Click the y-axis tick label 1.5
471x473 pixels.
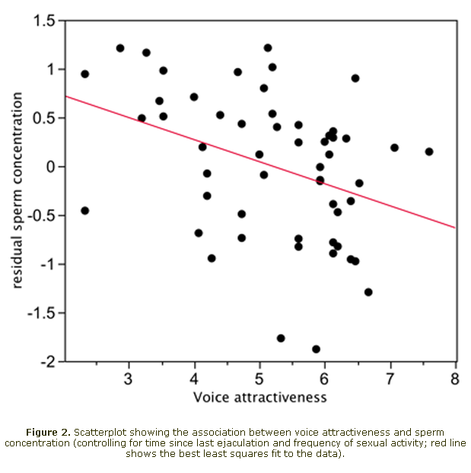click(45, 21)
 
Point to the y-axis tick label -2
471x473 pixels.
click(49, 362)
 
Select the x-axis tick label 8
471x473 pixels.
click(455, 379)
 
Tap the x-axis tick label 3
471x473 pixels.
click(129, 379)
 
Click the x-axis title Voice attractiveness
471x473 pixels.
click(259, 397)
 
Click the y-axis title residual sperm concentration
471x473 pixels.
click(18, 190)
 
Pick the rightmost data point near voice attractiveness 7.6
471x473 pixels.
click(429, 152)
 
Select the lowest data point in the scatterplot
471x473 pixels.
click(316, 349)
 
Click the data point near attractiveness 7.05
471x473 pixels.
click(394, 148)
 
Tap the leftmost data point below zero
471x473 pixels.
click(84, 210)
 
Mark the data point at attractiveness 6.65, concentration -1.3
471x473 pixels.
click(368, 292)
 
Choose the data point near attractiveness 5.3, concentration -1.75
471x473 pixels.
click(281, 338)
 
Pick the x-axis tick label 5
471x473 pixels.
click(259, 379)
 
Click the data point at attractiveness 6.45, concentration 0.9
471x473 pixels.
click(355, 78)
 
